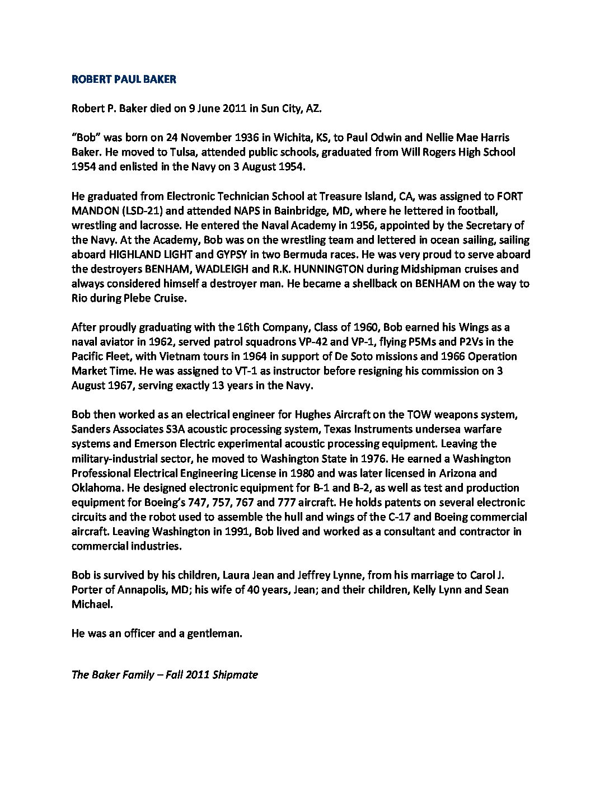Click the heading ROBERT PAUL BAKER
[x=124, y=79]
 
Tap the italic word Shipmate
[x=235, y=674]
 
